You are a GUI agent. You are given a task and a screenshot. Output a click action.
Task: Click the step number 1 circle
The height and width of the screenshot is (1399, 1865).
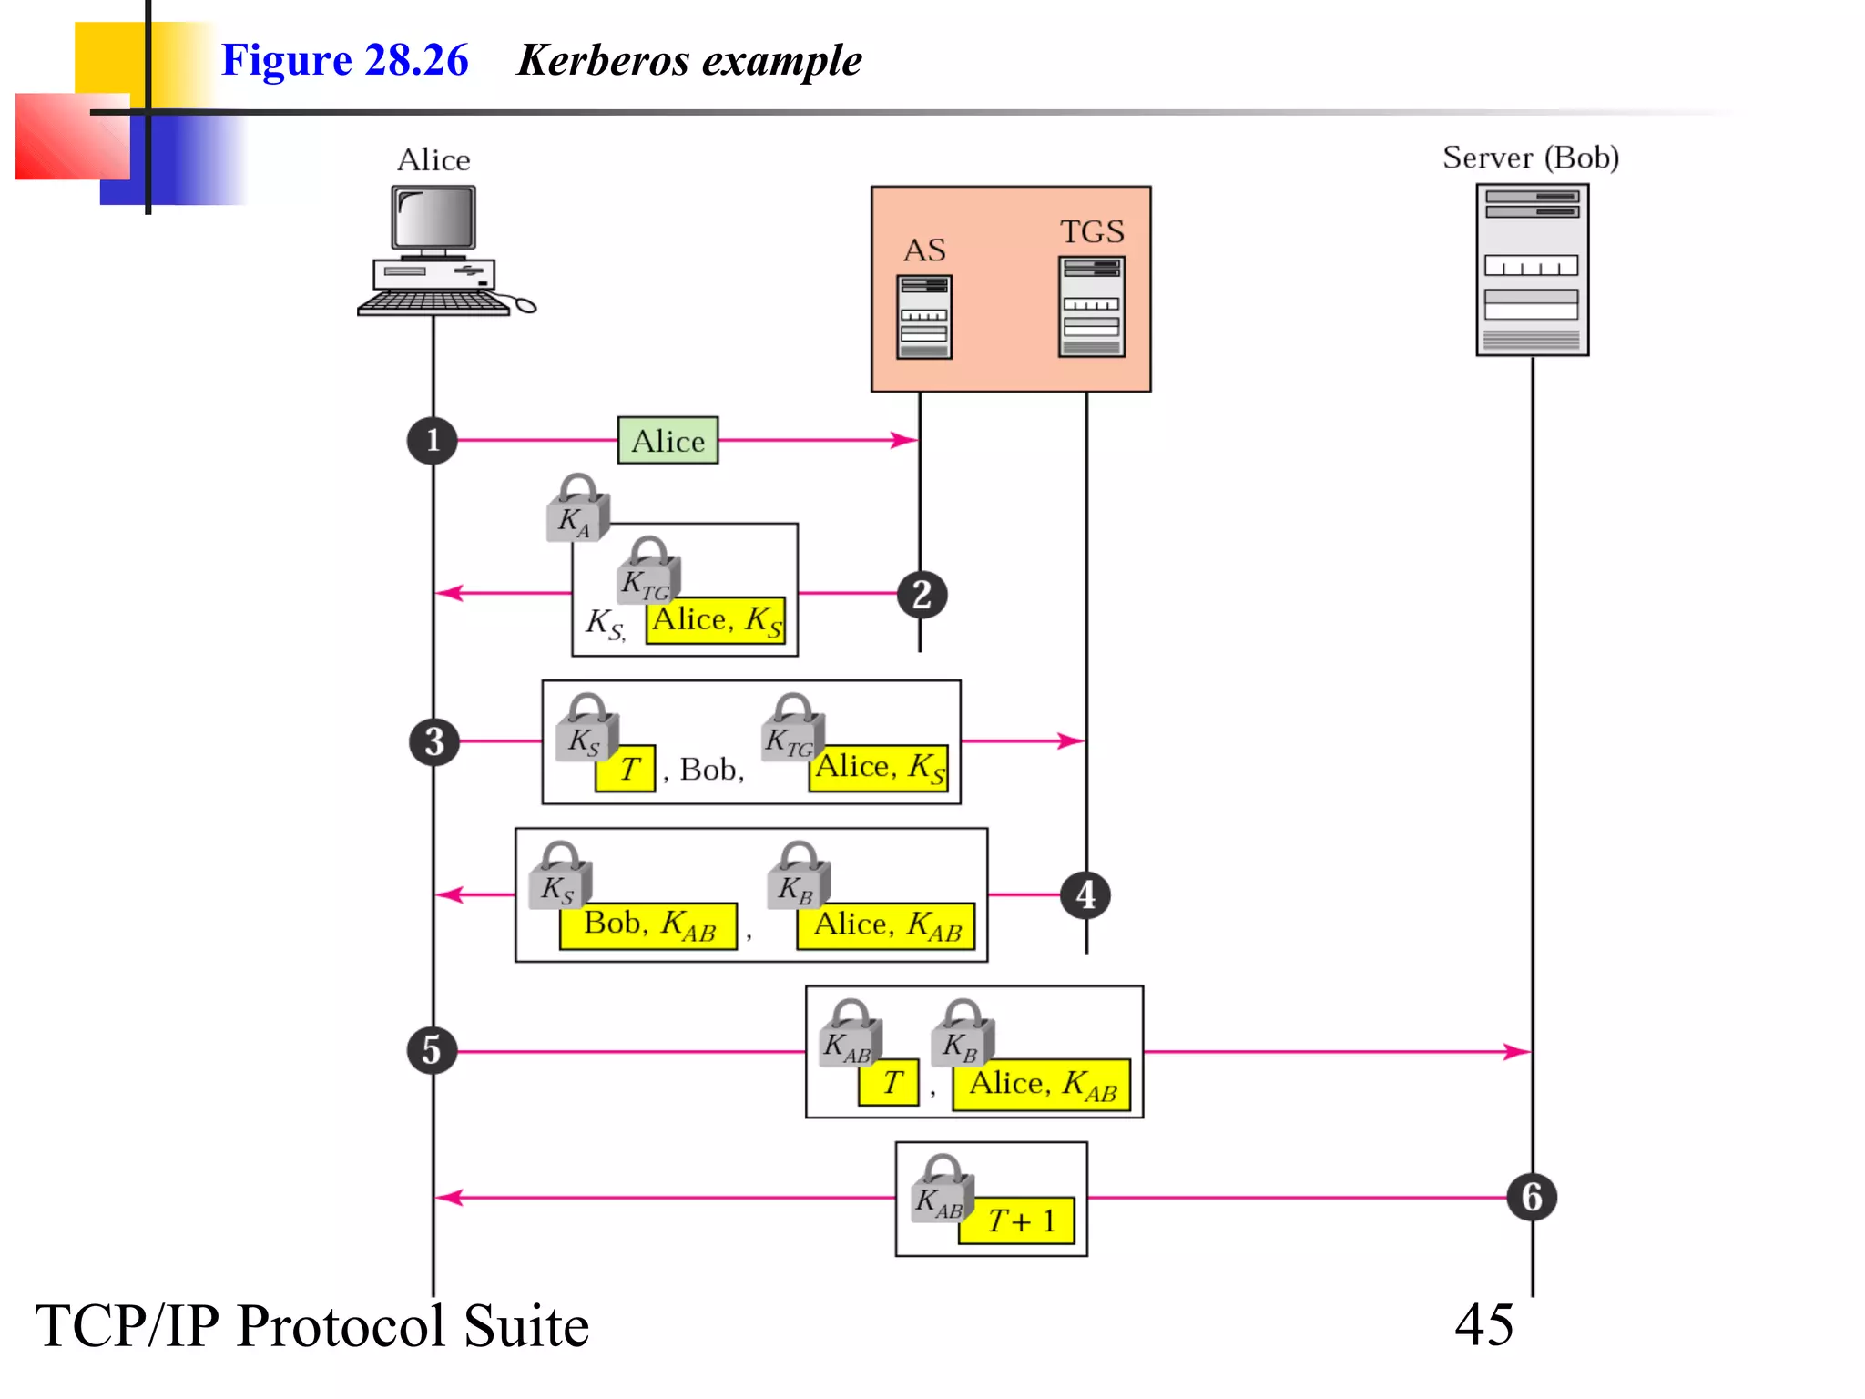click(432, 441)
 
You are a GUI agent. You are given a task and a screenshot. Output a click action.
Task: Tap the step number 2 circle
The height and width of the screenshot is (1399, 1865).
click(922, 595)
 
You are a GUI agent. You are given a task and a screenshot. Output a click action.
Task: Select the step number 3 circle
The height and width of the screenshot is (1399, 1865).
click(433, 741)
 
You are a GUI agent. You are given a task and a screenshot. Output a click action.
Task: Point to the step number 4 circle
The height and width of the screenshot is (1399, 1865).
click(1085, 894)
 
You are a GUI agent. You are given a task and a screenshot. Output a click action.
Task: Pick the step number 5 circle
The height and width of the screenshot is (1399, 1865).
click(432, 1050)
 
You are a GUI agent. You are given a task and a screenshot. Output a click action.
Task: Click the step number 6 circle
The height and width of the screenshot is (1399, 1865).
click(1532, 1197)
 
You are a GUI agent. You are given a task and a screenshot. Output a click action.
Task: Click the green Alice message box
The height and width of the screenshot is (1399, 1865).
click(668, 441)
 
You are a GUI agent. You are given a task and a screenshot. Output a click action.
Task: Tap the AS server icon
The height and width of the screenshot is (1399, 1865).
click(923, 317)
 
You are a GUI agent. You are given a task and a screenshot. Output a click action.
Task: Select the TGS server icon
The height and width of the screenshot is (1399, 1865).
click(1091, 306)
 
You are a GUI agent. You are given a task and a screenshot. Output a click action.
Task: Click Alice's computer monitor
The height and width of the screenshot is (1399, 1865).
click(433, 219)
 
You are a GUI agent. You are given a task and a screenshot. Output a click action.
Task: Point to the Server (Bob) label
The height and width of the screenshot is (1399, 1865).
click(1530, 158)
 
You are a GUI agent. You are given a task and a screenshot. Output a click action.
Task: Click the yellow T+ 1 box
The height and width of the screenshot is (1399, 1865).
click(1019, 1220)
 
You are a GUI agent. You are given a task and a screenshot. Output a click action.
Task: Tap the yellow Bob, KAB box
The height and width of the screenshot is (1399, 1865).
click(648, 925)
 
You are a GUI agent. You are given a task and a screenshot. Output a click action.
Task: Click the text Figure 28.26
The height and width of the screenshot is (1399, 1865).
click(344, 60)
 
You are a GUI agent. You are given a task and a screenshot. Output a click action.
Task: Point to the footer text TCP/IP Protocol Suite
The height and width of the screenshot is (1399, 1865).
click(311, 1325)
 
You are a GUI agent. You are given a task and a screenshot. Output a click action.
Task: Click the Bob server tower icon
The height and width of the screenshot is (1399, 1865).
click(1532, 270)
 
